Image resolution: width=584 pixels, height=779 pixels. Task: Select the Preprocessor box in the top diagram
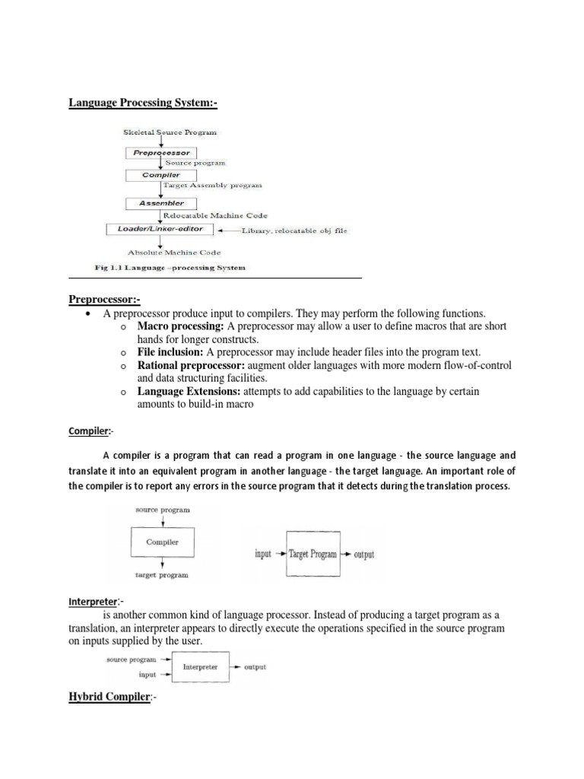(160, 153)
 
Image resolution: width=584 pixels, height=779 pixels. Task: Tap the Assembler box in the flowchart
(160, 203)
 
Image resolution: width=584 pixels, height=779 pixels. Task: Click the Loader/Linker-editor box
(160, 228)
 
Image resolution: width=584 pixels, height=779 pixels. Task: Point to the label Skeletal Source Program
(170, 132)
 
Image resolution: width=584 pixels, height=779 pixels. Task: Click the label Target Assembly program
(212, 185)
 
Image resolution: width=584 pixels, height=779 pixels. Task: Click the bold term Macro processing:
(180, 326)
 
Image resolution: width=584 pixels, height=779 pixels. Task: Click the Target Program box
(312, 555)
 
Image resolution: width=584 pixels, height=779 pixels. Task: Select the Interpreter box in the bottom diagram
(200, 667)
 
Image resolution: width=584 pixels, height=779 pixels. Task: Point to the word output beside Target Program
(364, 555)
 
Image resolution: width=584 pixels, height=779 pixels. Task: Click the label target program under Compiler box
(161, 576)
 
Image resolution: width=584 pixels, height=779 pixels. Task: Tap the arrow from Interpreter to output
(233, 667)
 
